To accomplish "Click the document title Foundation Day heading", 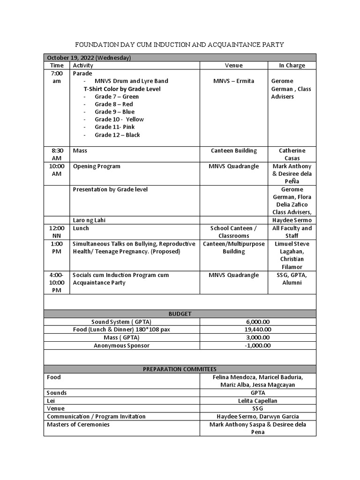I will point(180,45).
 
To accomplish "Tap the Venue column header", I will point(233,66).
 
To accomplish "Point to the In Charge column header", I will point(292,66).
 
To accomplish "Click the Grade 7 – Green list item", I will point(117,97).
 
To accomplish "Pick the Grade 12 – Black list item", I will point(117,135).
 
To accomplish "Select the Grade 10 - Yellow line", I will point(119,120).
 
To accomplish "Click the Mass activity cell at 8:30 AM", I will point(80,151).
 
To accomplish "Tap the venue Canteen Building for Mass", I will point(233,151).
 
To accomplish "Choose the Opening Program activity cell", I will point(97,166).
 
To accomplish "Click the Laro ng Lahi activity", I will point(90,220).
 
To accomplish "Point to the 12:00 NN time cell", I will point(57,232).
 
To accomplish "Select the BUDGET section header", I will point(180,314).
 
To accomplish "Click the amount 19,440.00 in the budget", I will point(258,330).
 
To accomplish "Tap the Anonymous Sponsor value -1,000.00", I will point(257,345).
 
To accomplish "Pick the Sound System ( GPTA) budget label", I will point(121,322).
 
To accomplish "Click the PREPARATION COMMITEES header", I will point(180,369).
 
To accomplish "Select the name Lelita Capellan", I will point(257,401).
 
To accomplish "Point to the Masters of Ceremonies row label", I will point(78,425).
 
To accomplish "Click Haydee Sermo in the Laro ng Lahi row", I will point(292,220).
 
